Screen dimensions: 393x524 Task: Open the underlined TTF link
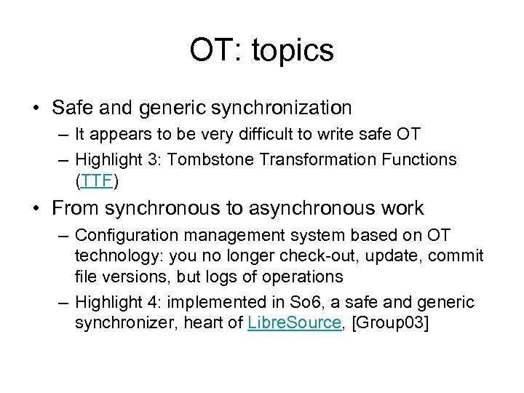[x=96, y=179]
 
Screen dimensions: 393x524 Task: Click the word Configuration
[x=122, y=236]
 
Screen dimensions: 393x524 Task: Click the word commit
[x=456, y=256]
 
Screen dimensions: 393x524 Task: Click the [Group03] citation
[x=390, y=322]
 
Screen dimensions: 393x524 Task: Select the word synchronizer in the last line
[x=119, y=322]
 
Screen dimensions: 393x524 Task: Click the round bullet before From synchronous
[x=36, y=209]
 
